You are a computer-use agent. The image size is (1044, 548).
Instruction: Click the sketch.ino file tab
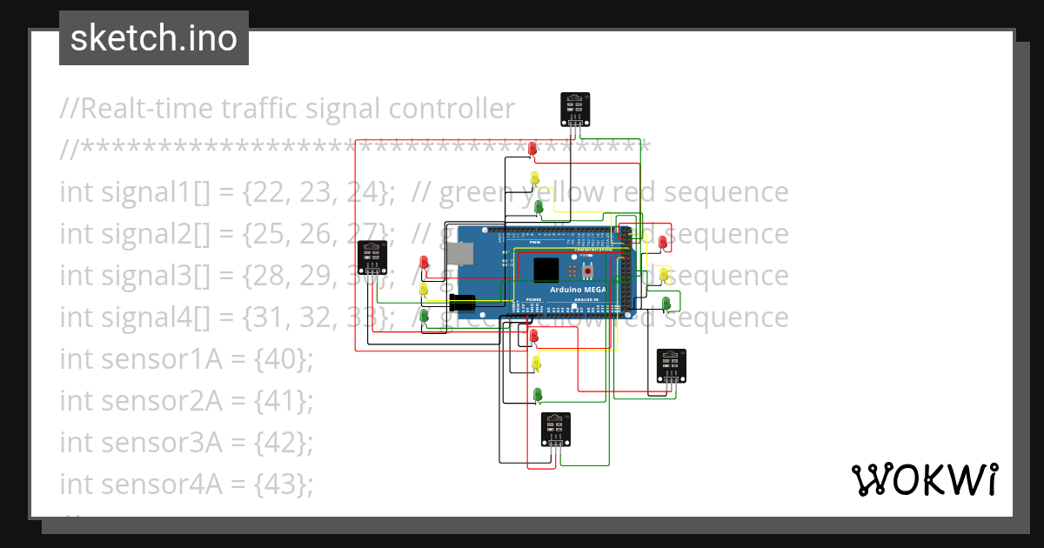coord(154,38)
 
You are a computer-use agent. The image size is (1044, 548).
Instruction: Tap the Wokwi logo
coord(923,479)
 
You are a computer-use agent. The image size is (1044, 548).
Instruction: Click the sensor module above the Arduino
coord(574,108)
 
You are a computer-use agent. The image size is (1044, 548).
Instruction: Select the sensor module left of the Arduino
coord(372,257)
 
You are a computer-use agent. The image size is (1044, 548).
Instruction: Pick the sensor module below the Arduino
coord(556,428)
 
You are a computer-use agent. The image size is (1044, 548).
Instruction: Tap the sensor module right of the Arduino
coord(671,364)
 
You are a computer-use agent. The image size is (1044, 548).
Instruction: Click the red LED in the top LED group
coord(533,150)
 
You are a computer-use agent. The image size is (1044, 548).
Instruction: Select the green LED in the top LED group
coord(539,207)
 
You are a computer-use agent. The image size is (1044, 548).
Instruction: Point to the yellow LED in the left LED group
coord(424,289)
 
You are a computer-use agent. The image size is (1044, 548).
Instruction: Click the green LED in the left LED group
coord(425,316)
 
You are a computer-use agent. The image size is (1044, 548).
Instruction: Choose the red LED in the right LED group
coord(663,242)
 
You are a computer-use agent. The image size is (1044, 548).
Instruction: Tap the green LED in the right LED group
coord(666,303)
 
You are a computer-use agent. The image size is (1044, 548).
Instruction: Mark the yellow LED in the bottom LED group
coord(536,362)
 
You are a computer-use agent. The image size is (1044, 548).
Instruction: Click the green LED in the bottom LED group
coord(538,395)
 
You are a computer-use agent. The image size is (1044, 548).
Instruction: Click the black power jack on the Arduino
coord(462,303)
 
